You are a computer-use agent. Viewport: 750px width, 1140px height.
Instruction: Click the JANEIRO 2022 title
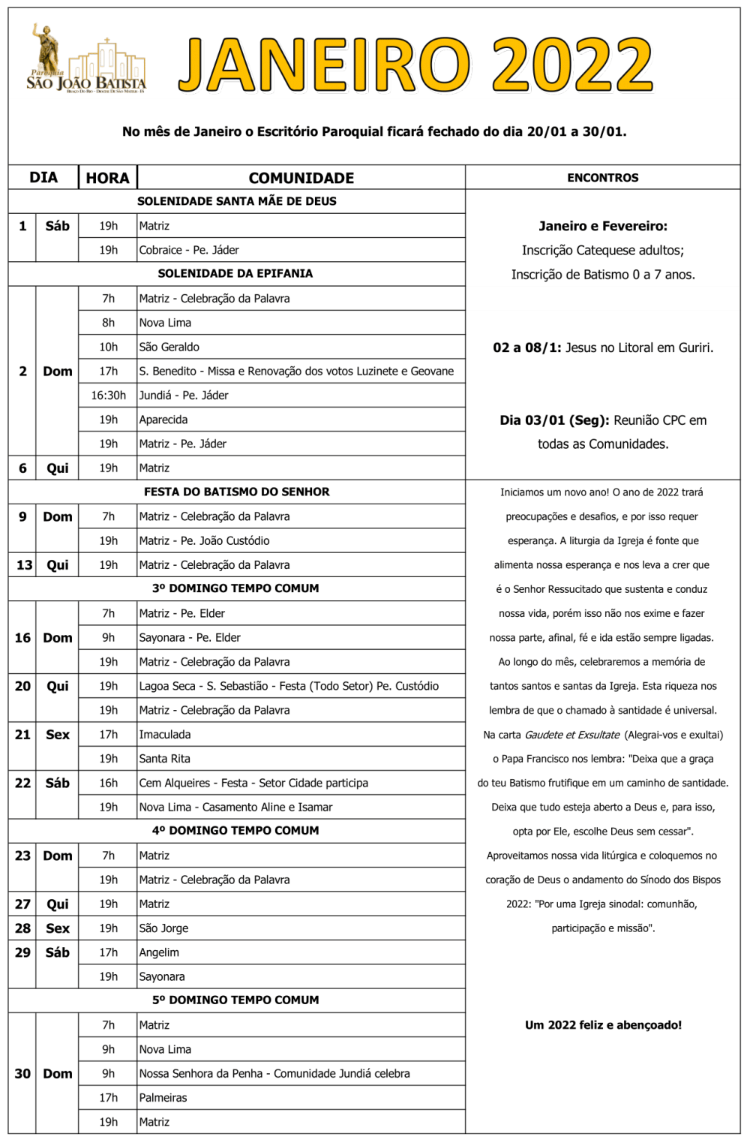(415, 65)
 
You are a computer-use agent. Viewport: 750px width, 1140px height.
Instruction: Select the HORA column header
(107, 178)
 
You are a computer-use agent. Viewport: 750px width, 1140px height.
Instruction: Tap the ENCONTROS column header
(602, 178)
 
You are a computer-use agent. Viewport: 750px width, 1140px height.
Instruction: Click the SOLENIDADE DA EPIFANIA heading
(235, 273)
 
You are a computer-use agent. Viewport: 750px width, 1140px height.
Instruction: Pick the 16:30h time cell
(108, 396)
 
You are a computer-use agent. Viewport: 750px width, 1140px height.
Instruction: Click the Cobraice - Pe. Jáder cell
(189, 250)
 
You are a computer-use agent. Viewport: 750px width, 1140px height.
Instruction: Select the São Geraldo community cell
(169, 347)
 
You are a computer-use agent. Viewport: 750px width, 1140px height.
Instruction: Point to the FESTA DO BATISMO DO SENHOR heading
(236, 492)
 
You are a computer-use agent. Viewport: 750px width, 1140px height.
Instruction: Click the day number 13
(24, 565)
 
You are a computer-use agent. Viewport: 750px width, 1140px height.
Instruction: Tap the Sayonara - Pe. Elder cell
(190, 637)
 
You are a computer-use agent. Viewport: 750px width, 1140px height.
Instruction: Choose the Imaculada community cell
(165, 734)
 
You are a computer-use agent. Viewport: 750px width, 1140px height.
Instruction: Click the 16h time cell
(108, 783)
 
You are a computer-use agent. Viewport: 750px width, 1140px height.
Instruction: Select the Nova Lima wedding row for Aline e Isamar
(235, 807)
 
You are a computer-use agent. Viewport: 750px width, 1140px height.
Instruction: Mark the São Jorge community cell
(163, 928)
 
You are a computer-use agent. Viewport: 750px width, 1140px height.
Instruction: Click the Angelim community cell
(159, 952)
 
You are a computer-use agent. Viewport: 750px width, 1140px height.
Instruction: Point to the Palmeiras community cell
(163, 1097)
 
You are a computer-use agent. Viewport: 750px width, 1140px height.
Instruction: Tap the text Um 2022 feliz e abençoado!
(603, 1025)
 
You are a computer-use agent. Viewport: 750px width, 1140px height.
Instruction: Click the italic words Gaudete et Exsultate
(572, 735)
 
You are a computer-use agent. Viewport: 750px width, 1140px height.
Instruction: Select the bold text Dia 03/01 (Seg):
(554, 420)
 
